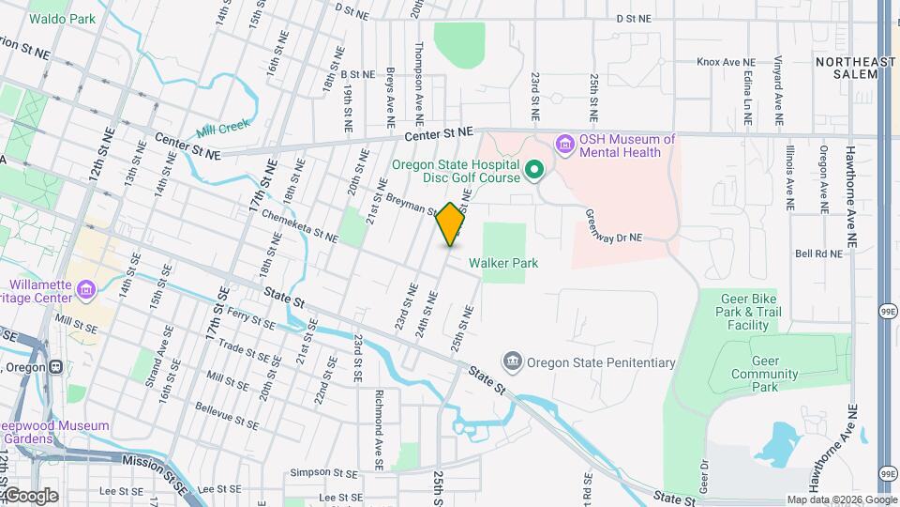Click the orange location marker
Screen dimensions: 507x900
(451, 224)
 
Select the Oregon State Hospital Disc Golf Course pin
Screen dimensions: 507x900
(534, 170)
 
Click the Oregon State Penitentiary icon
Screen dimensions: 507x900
(512, 361)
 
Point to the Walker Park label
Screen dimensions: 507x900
(504, 264)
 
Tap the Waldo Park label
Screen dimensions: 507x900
(63, 19)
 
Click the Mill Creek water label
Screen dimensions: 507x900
(225, 131)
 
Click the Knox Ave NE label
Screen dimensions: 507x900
(731, 63)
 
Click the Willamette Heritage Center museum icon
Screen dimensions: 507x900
(86, 287)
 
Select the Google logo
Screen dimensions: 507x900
(30, 495)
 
